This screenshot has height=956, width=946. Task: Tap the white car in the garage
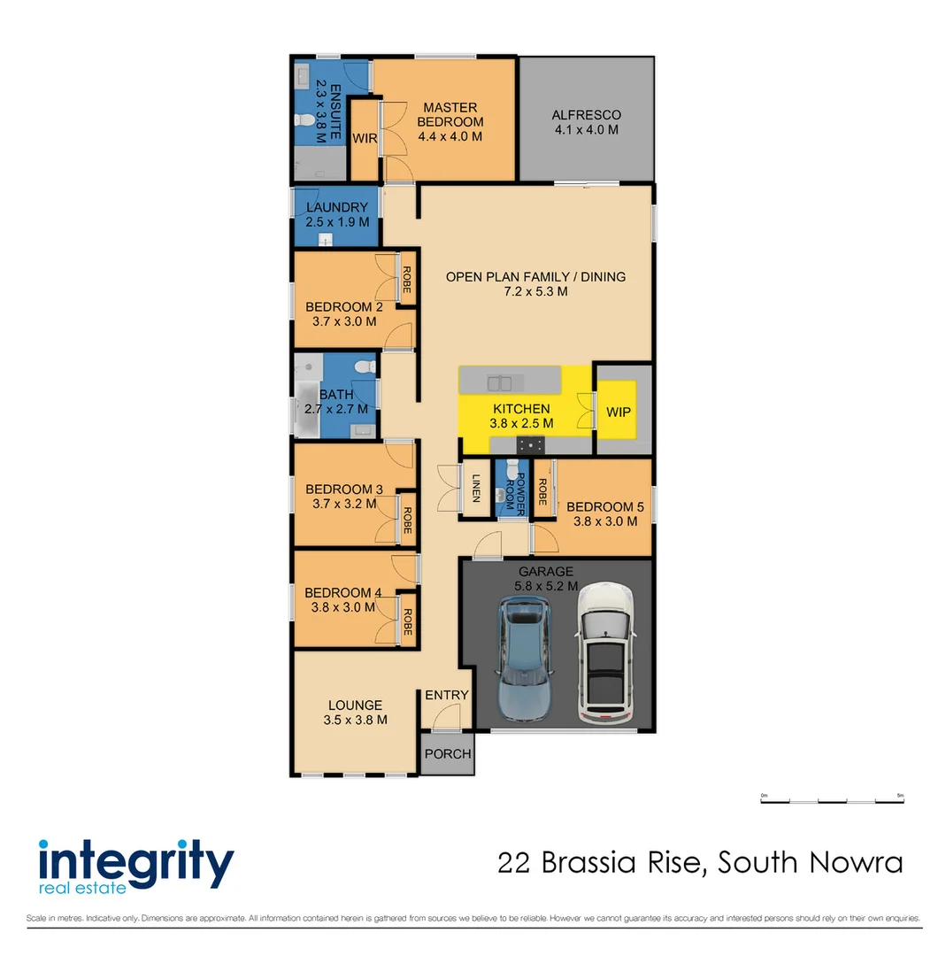pos(605,652)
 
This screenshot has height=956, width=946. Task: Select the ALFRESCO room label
pos(586,115)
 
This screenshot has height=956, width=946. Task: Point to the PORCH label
pos(447,754)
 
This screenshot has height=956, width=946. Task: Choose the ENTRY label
pos(446,695)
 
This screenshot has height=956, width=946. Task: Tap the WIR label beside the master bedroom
pos(365,139)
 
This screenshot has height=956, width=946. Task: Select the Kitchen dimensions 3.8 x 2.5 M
pos(521,424)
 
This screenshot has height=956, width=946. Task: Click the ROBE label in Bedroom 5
pos(542,489)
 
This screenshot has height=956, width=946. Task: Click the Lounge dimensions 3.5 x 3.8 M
pos(355,720)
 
